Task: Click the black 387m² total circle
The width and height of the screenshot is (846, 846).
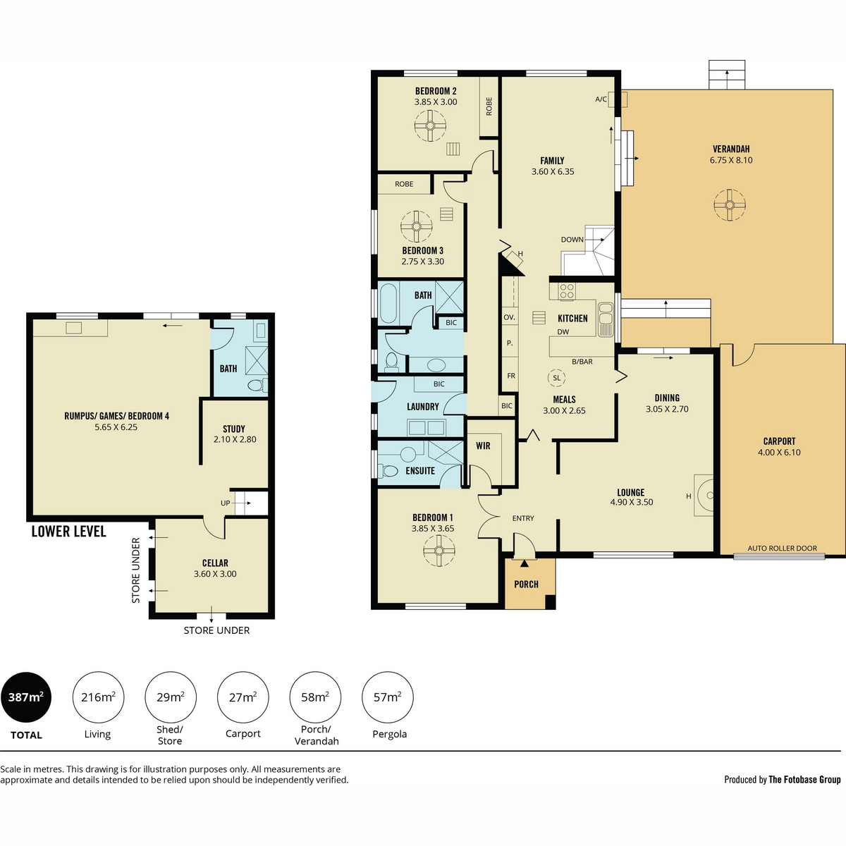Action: point(26,697)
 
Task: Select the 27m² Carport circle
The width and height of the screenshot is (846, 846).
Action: point(243,697)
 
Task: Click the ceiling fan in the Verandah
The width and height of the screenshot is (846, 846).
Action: point(730,205)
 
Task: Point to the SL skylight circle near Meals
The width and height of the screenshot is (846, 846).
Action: point(557,378)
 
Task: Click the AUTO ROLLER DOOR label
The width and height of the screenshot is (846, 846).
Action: point(783,548)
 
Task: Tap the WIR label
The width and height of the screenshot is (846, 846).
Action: point(483,446)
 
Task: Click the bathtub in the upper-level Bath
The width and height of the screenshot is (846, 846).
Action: point(389,303)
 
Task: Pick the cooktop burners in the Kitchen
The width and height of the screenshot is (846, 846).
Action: point(566,290)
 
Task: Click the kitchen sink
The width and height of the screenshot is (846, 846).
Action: point(606,319)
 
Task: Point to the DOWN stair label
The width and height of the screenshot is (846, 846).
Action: point(572,240)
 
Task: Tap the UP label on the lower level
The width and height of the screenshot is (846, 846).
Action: point(225,503)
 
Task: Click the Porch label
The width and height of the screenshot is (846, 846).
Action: point(526,584)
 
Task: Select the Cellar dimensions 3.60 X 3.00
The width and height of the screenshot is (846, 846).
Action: point(215,574)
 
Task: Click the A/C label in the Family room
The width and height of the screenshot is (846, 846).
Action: point(601,99)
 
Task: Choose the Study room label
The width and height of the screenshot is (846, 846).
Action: point(233,429)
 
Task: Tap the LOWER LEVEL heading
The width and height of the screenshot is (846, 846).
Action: point(69,532)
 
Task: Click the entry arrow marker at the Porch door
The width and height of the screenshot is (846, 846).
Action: point(525,563)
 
